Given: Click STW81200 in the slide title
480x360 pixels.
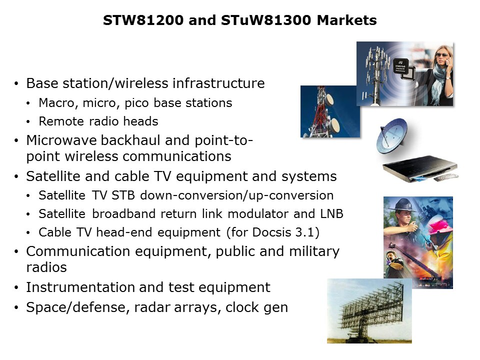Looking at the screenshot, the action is (x=143, y=20).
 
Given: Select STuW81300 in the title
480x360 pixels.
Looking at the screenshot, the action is (x=266, y=20).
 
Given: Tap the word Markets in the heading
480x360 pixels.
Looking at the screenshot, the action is (x=347, y=20).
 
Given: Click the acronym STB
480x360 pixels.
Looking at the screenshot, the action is (x=123, y=195).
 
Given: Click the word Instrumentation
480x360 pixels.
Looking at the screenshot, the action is (x=80, y=287).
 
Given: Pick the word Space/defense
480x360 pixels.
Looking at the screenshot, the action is (x=78, y=307).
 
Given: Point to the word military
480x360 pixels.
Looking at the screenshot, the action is (x=314, y=251).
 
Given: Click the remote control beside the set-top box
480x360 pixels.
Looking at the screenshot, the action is (x=446, y=177).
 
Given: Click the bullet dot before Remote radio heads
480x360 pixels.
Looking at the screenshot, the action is (x=28, y=122).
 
